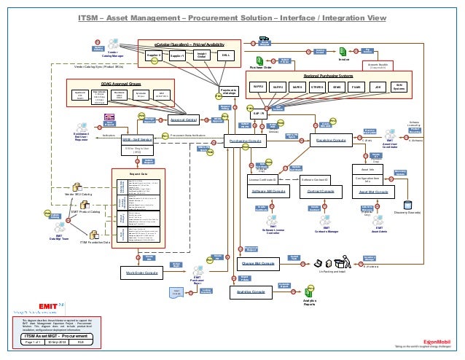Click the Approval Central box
click(x=184, y=120)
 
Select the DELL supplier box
click(x=227, y=55)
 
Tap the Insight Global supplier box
click(x=203, y=55)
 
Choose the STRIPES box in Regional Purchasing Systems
click(x=317, y=86)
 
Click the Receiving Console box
click(x=330, y=141)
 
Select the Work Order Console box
click(x=142, y=273)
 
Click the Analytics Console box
click(x=249, y=291)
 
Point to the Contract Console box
click(x=320, y=191)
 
